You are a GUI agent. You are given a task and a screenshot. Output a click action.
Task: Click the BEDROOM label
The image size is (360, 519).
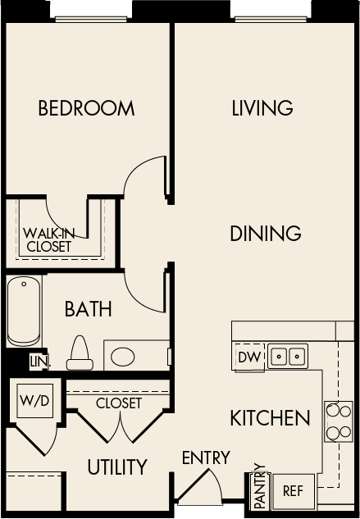(86, 108)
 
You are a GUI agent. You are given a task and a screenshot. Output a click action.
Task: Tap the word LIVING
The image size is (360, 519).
(262, 108)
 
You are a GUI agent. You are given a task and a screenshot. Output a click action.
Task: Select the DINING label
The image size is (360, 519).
(265, 234)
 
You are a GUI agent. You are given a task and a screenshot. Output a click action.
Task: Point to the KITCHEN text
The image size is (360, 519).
(270, 418)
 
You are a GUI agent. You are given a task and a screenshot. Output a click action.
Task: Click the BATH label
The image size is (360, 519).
(88, 309)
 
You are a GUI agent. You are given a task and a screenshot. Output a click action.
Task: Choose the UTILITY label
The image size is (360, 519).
(117, 467)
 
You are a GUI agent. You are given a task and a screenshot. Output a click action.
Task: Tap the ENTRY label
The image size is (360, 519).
(206, 458)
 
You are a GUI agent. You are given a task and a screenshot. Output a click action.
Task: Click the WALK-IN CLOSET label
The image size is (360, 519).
(48, 239)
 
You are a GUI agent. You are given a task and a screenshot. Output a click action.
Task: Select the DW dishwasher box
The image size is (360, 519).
(248, 357)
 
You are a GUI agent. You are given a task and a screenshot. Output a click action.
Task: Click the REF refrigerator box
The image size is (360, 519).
(293, 492)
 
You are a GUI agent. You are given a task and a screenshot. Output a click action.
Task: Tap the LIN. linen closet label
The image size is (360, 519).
(38, 362)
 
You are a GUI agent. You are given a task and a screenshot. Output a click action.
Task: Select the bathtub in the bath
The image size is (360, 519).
(25, 312)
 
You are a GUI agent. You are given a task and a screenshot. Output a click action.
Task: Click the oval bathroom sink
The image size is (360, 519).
(124, 357)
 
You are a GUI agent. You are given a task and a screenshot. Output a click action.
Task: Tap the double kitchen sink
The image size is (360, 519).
(288, 357)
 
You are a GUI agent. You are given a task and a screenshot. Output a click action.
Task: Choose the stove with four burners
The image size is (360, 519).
(338, 421)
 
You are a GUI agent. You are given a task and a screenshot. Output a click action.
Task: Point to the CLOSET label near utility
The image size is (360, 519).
(119, 403)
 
